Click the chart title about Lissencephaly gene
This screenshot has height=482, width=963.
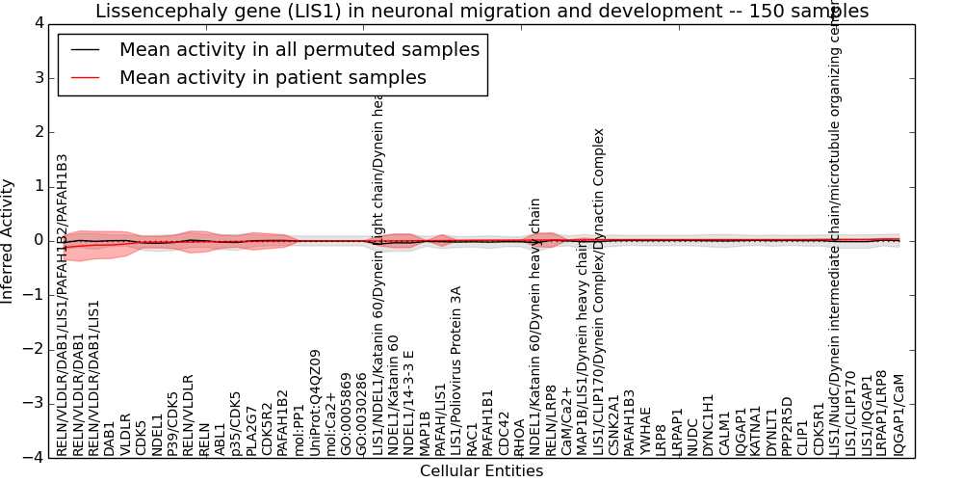tap(481, 11)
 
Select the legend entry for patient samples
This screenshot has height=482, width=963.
tap(272, 77)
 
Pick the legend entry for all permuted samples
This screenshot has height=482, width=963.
tap(299, 49)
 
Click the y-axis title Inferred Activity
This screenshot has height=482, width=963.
tap(9, 241)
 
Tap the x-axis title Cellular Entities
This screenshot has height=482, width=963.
tap(481, 471)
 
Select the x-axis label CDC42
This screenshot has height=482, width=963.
tap(504, 434)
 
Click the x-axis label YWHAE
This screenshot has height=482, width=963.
tap(645, 431)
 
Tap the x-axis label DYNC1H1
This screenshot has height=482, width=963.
tap(709, 424)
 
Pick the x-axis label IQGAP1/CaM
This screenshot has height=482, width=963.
tap(898, 415)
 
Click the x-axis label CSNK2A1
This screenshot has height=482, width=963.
tap(613, 425)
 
